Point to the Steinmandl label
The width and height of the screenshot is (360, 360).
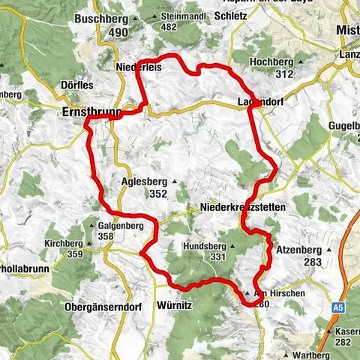180,16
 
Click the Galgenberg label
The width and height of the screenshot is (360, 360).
121,226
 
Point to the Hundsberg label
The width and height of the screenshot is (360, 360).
208,246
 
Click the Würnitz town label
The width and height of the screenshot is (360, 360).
177,306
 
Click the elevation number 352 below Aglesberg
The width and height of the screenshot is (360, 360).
157,193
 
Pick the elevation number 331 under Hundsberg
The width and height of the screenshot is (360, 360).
217,257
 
